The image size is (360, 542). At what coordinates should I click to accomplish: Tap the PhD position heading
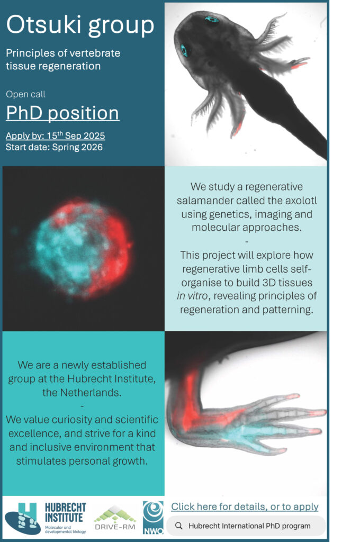pos(62,113)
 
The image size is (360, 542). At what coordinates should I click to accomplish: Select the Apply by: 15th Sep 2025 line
pos(56,135)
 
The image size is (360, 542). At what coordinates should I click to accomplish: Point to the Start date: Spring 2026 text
pos(55,147)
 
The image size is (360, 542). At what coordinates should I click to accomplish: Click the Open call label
pos(25,94)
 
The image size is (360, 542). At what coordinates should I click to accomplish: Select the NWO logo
pos(153,518)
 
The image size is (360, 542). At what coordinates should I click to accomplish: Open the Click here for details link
pos(245,507)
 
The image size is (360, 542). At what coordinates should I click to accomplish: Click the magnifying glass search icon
pos(179,526)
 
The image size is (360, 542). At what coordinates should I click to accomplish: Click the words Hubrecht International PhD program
pos(249,526)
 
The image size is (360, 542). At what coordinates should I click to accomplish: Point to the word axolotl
pos(299,201)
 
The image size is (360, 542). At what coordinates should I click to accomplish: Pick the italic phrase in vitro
pos(192,296)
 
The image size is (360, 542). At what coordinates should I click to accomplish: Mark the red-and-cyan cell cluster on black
pos(82,248)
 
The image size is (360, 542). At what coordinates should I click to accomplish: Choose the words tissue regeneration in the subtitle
pos(53,66)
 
